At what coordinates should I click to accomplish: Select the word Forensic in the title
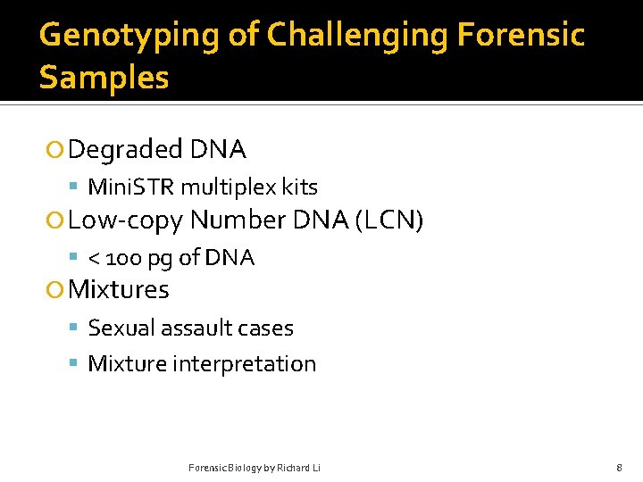point(521,36)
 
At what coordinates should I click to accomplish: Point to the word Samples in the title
point(104,79)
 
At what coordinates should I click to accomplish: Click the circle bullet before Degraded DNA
point(56,150)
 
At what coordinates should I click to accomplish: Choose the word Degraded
point(126,150)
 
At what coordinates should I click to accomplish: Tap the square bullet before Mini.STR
point(75,187)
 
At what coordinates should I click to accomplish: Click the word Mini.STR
point(132,187)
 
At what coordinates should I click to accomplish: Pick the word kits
point(300,187)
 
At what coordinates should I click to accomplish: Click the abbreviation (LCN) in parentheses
point(388,220)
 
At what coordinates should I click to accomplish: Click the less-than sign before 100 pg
point(94,259)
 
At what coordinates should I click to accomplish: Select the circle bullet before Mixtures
point(56,290)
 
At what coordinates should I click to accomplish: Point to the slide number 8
point(619,468)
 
